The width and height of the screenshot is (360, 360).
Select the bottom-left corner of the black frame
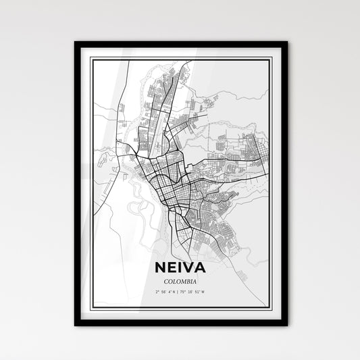(x=76, y=325)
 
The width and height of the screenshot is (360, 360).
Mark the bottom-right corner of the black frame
(x=286, y=325)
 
